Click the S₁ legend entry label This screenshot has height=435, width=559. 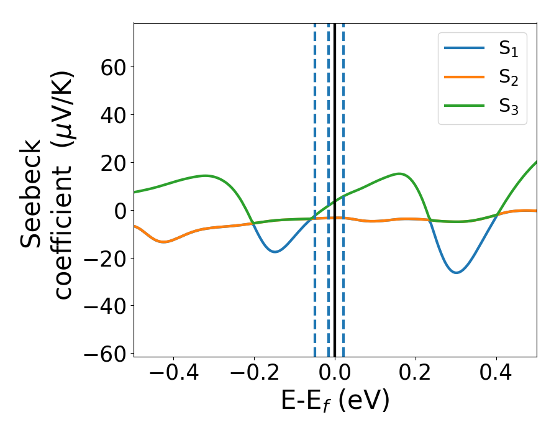508,50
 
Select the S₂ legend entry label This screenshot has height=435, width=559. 508,78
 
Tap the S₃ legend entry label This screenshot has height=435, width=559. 508,107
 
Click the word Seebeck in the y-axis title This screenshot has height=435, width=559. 31,194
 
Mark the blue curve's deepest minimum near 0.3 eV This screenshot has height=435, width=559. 457,272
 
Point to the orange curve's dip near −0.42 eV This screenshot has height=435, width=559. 163,242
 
